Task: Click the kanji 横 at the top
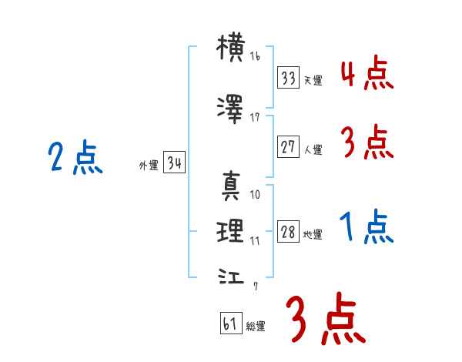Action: [231, 48]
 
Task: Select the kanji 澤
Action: [230, 109]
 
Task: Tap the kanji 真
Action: [231, 186]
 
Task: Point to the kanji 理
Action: [230, 231]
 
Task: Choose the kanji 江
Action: [231, 277]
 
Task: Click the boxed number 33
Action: [288, 78]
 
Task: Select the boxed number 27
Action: [288, 147]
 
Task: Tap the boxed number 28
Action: [288, 231]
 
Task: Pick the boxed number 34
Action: [174, 163]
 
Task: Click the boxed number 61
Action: [231, 323]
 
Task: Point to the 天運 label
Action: [313, 80]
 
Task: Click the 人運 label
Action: [313, 149]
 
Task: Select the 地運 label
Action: [313, 235]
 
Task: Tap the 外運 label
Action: [149, 166]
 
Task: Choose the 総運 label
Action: [256, 326]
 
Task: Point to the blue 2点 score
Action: [75, 157]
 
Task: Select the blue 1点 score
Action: [367, 226]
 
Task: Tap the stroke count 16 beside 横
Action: [255, 56]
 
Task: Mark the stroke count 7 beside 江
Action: [256, 287]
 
